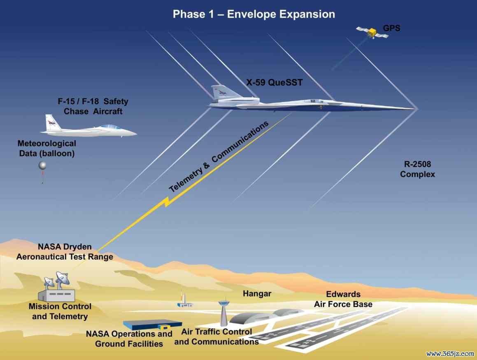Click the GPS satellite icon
[372, 32]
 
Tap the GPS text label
[391, 28]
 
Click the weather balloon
[42, 166]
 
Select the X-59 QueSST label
[275, 82]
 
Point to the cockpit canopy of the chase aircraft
[110, 127]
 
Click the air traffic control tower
[223, 313]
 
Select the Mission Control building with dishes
[57, 288]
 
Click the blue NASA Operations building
[152, 325]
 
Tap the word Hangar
[257, 294]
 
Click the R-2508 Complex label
[417, 169]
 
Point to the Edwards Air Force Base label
[343, 299]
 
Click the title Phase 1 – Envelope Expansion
[254, 14]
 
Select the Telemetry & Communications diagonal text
[219, 157]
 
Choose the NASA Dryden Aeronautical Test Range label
[65, 252]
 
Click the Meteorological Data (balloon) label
[47, 148]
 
